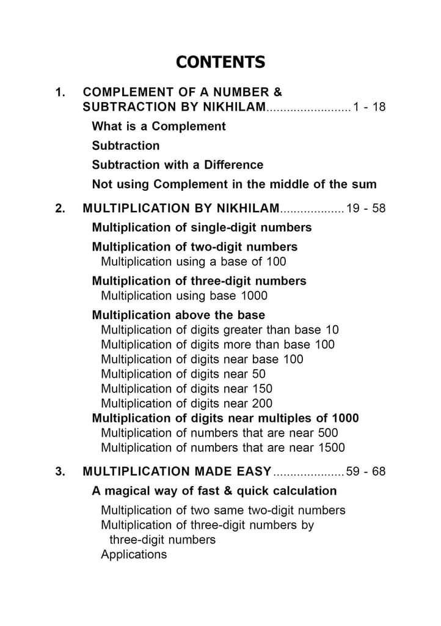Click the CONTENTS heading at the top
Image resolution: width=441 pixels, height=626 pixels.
(221, 62)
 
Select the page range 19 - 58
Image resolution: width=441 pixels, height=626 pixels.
(366, 208)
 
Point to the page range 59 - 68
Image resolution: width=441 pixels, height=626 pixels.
(366, 472)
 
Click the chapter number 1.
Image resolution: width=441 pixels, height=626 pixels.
(60, 93)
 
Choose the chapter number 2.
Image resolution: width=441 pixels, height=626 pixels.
(60, 208)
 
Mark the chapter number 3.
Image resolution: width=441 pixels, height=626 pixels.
(60, 472)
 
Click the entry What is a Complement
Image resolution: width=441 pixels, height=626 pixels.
(159, 127)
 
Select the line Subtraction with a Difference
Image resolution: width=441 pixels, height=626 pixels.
(177, 165)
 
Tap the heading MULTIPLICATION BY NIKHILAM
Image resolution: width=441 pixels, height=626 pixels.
(181, 208)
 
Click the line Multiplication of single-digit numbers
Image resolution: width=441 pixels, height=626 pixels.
(202, 228)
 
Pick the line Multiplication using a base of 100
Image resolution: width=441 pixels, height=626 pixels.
(193, 262)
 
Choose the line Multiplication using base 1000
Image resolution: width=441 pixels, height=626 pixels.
(184, 296)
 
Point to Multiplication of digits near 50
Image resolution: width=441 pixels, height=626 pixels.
(183, 374)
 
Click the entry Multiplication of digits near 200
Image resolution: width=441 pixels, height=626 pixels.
(186, 403)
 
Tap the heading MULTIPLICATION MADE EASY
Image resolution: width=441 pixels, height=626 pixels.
(177, 472)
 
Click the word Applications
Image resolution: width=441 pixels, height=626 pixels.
(134, 555)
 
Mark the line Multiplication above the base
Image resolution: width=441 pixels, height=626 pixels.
(178, 315)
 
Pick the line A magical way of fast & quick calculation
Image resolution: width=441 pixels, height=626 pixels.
(214, 491)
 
